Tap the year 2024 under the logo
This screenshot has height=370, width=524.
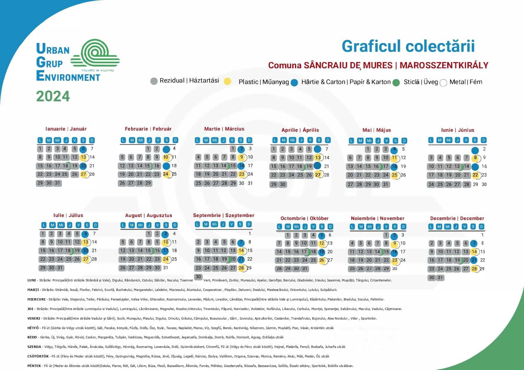coord(53,96)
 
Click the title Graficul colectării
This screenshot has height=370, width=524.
coord(408,47)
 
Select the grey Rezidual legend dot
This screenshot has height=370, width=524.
coord(154,81)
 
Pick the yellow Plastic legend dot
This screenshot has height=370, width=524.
coord(228,82)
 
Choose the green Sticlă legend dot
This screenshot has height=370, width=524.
coord(396,83)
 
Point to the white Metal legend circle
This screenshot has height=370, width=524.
coord(443,83)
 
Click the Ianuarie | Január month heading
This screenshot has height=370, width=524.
coord(66,129)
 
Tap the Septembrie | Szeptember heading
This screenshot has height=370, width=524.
coord(223,216)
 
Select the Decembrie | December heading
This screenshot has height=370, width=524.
coord(457,219)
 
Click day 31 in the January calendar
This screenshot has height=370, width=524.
coord(58,183)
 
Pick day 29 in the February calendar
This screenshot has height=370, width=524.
coord(148,183)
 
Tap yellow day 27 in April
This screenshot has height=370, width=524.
coord(318,175)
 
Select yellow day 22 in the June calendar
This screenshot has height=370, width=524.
coord(475,175)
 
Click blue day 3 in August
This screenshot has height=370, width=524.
coord(166,234)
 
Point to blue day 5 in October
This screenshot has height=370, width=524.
coord(322,235)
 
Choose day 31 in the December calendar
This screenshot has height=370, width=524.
coord(440,278)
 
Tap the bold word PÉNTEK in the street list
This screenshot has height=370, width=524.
coord(34,366)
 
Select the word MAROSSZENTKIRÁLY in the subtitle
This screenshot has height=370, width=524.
coord(444,65)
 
